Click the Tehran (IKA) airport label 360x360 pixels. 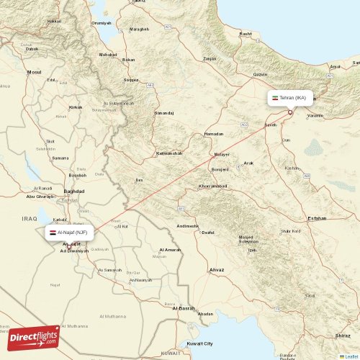(292, 97)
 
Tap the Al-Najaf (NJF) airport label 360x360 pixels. (68, 233)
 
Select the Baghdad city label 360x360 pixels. (74, 191)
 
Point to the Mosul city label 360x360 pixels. (35, 72)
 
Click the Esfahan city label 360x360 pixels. (316, 217)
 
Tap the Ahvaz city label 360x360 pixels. (215, 270)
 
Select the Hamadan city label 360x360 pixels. (214, 134)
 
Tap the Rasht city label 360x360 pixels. (246, 34)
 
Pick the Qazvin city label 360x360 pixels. (260, 74)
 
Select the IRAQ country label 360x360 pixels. (29, 218)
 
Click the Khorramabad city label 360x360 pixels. (212, 186)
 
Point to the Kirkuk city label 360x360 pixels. (75, 107)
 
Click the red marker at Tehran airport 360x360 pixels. (290, 112)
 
